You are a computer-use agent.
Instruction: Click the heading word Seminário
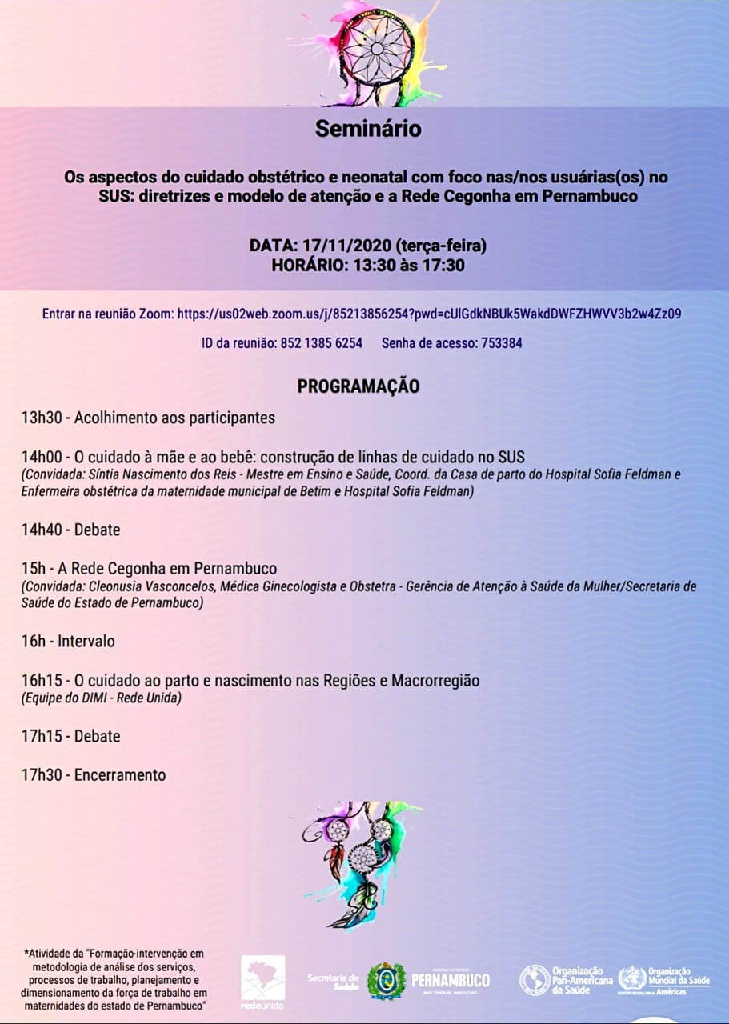[x=367, y=129]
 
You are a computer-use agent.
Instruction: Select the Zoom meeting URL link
[x=427, y=314]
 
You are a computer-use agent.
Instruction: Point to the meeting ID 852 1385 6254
[x=321, y=343]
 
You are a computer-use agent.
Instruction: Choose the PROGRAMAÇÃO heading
[x=358, y=386]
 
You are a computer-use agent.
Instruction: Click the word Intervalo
[x=86, y=641]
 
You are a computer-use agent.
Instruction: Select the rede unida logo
[x=263, y=980]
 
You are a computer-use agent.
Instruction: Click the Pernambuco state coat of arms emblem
[x=387, y=980]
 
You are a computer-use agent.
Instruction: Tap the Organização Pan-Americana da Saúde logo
[x=566, y=979]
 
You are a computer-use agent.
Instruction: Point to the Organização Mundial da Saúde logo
[x=663, y=979]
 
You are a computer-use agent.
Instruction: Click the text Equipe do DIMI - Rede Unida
[x=102, y=698]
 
